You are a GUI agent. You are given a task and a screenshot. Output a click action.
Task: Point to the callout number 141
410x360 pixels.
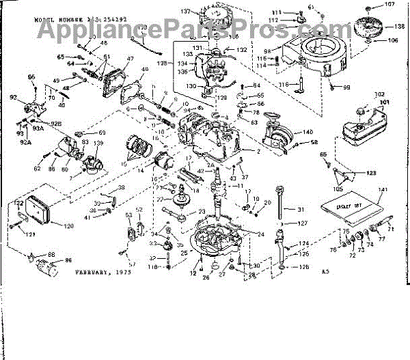tap(383, 189)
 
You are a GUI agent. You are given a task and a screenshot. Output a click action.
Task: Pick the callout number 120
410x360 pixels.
tap(68, 226)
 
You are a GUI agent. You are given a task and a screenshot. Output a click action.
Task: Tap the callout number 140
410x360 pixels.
tap(307, 132)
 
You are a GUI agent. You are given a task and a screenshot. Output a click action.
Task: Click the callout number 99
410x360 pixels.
tap(346, 87)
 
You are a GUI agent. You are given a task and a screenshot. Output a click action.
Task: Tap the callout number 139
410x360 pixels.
tap(98, 143)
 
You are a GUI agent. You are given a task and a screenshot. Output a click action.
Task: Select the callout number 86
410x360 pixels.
tap(68, 261)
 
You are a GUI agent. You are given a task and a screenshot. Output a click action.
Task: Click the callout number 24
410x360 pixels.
tap(261, 234)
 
